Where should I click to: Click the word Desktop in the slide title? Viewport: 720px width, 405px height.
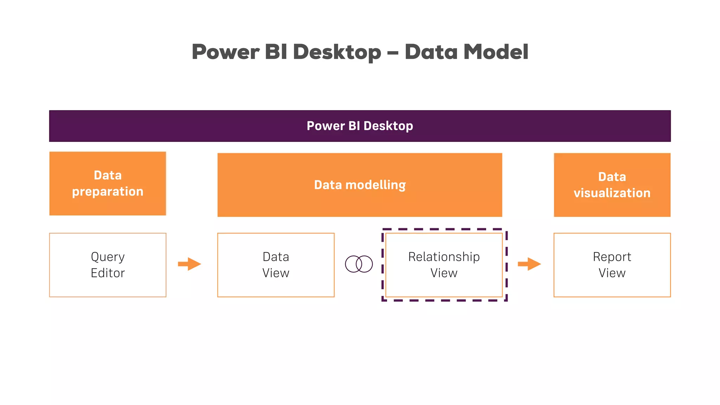click(337, 52)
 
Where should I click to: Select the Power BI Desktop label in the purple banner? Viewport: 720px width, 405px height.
click(360, 126)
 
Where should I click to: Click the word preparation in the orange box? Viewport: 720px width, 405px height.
click(108, 192)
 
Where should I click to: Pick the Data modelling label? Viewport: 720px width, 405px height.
click(360, 185)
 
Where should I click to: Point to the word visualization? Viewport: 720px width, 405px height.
click(612, 193)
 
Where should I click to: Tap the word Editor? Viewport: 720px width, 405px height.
click(108, 273)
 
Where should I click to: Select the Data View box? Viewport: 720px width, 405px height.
click(276, 265)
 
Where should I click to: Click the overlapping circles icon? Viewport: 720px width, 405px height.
click(359, 264)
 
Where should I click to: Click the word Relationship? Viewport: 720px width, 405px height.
click(444, 257)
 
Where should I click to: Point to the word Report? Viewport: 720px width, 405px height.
click(612, 257)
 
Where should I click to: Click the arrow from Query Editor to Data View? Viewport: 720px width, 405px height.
click(189, 264)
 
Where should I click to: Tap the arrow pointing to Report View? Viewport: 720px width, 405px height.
click(529, 264)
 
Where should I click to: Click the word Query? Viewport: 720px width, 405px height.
click(108, 257)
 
